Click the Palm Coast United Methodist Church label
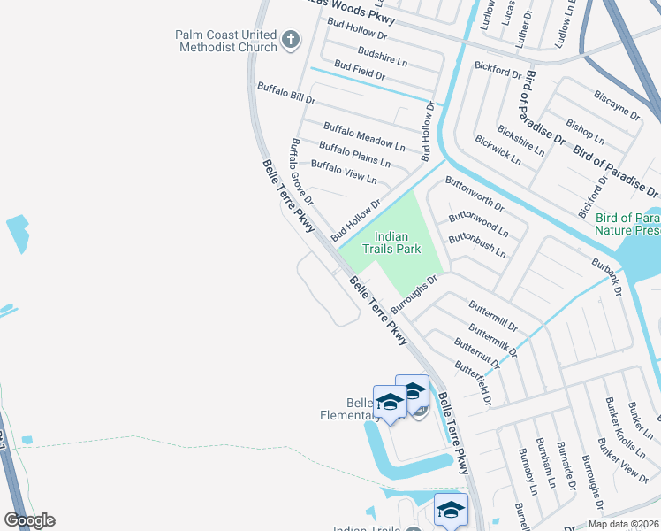point(225,41)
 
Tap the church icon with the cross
point(291,40)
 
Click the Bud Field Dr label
point(360,71)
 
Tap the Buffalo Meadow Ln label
point(363,135)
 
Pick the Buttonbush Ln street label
point(477,245)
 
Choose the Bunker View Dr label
point(622,458)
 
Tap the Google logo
point(29,520)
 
